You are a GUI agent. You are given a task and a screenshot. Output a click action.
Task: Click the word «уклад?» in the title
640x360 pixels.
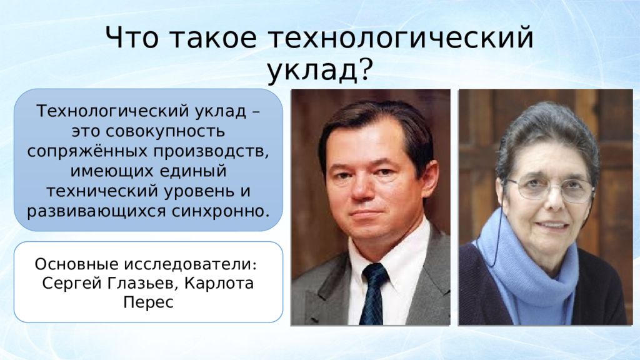[x=320, y=70]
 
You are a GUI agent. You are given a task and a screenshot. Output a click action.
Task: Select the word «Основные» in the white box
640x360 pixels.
[x=76, y=264]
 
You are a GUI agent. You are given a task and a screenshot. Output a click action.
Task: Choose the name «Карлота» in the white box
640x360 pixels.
[x=219, y=283]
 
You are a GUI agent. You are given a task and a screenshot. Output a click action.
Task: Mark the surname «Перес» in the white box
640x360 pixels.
[x=148, y=302]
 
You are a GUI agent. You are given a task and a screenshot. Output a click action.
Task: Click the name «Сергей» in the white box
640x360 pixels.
[x=71, y=283]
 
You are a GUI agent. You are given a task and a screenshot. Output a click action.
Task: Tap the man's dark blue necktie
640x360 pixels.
[x=372, y=294]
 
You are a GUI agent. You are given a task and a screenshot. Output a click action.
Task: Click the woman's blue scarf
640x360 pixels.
[x=526, y=265]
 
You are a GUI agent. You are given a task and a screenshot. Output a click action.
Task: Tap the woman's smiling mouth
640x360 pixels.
[x=551, y=225]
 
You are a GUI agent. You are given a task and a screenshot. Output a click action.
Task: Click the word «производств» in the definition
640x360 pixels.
[x=211, y=151]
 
